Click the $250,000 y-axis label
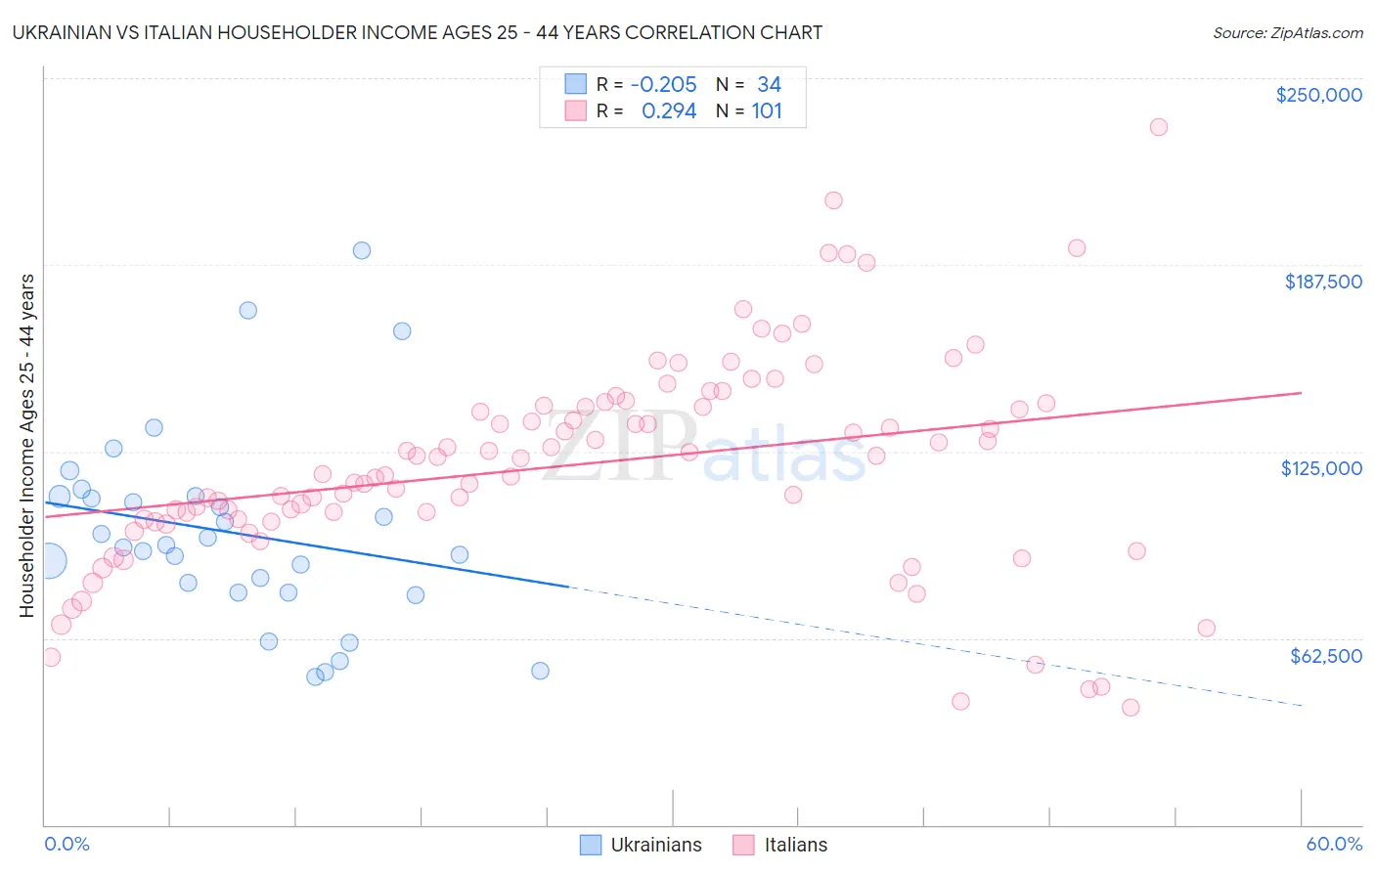point(1318,95)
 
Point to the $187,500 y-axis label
point(1322,282)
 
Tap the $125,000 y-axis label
point(1321,468)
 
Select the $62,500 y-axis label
point(1325,656)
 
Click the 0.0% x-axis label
point(67,844)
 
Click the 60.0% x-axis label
point(1333,844)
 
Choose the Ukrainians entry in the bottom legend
point(642,845)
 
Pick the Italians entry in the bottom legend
point(780,845)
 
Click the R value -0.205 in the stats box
point(663,84)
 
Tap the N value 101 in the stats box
point(767,110)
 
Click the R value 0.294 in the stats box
point(669,110)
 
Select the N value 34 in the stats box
point(769,84)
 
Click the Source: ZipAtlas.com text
point(1287,32)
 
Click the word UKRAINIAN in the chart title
point(62,32)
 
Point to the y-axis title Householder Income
point(26,445)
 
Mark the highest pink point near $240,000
point(1159,127)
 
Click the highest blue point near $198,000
point(362,250)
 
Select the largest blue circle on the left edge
point(48,561)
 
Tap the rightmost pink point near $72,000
point(1206,628)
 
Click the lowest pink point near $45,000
point(1131,708)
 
